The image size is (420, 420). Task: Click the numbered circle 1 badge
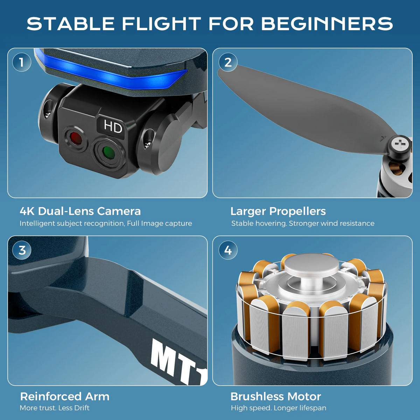tap(22, 62)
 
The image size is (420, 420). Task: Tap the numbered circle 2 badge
tap(228, 62)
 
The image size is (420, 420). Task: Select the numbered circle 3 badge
tap(22, 250)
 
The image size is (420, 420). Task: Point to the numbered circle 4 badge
tap(228, 250)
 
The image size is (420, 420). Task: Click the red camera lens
tap(75, 138)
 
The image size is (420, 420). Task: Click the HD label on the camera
tap(113, 126)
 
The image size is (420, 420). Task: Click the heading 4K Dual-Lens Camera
tap(80, 211)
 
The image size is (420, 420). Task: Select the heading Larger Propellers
tap(278, 211)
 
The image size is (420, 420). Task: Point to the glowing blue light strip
tap(111, 72)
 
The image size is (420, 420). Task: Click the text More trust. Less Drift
tap(55, 408)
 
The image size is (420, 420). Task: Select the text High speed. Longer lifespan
tap(279, 408)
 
